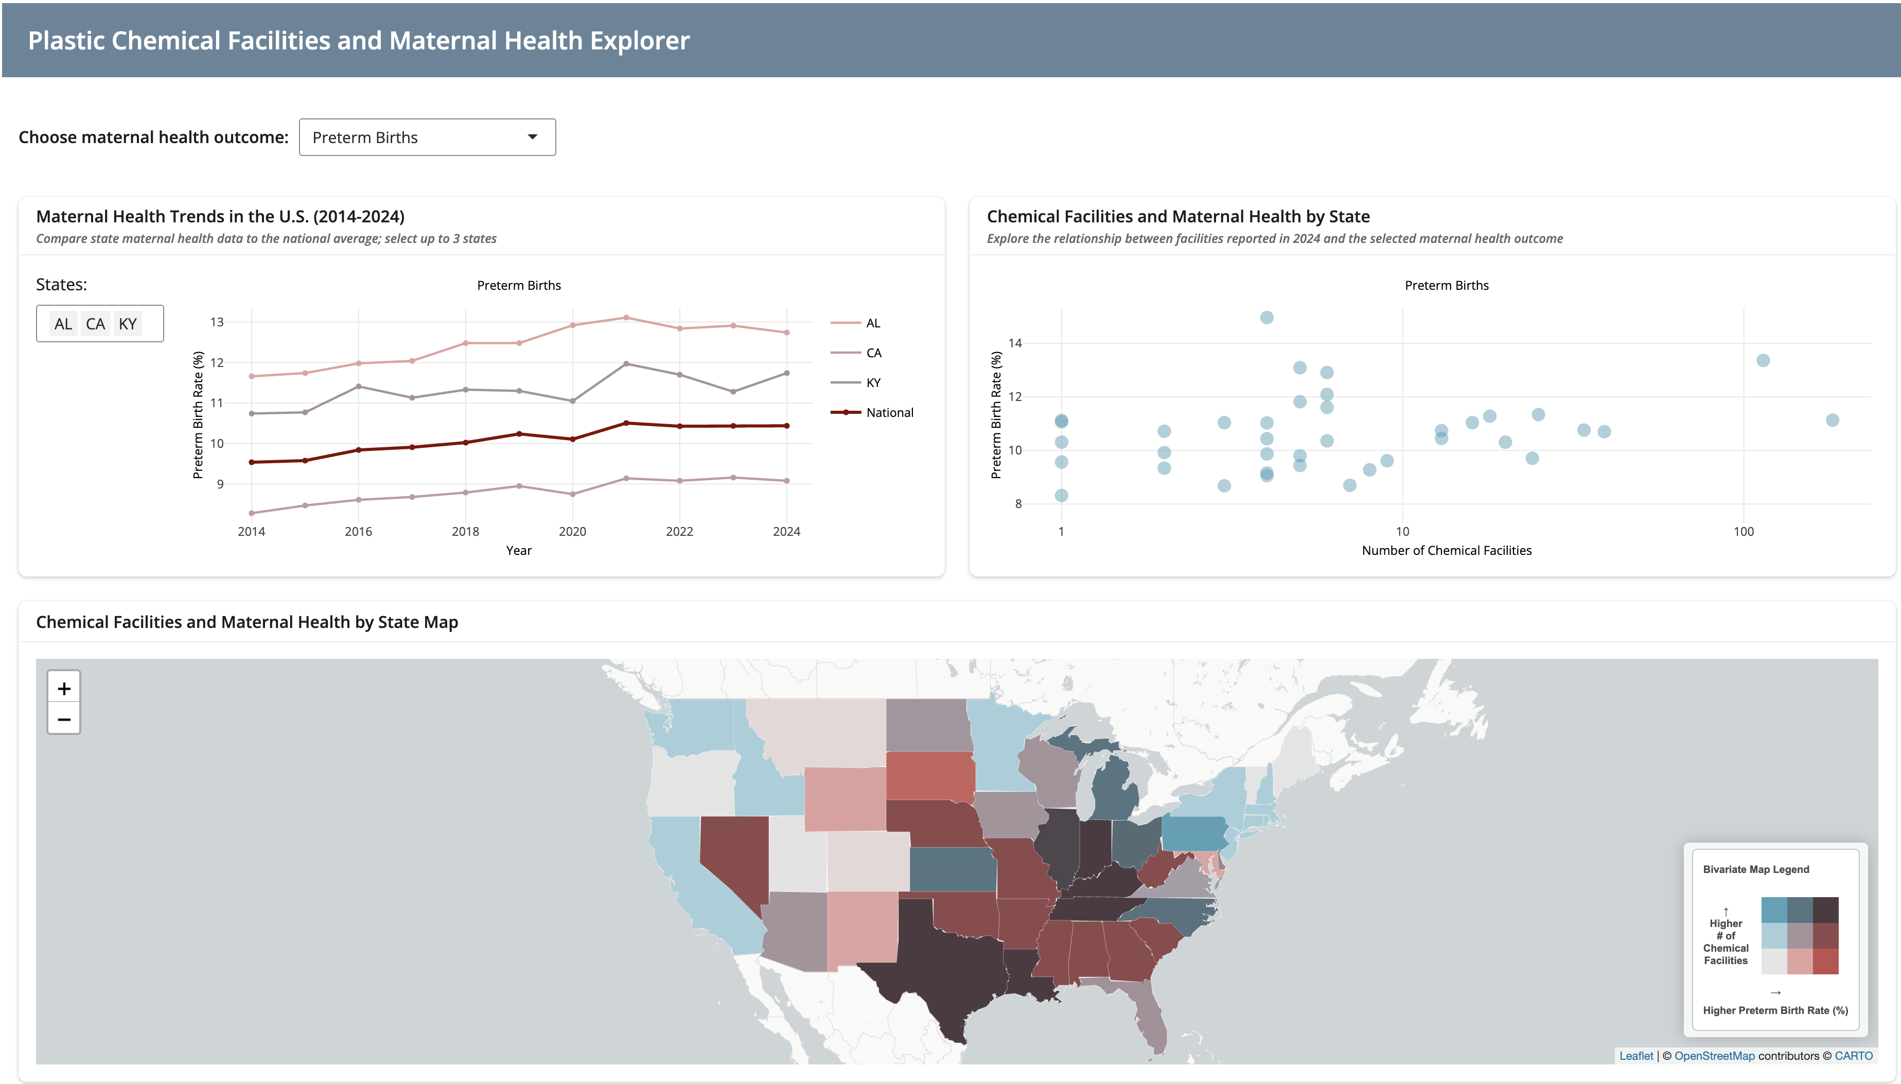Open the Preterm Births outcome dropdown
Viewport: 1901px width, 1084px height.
pos(427,137)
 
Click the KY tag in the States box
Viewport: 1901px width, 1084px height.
pos(128,324)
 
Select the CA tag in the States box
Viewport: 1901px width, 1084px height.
pos(95,324)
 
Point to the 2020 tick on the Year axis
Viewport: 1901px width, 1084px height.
pos(572,532)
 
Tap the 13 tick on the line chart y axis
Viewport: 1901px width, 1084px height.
pos(217,322)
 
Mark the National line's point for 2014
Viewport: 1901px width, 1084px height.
pos(252,462)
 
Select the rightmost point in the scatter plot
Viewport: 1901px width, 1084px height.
pos(1833,421)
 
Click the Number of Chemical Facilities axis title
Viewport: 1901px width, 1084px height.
pos(1446,551)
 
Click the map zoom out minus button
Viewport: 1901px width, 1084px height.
pos(64,719)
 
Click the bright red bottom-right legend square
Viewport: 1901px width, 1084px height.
pos(1825,961)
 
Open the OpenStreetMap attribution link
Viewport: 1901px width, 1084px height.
pos(1714,1056)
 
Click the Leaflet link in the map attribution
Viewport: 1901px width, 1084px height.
pos(1636,1056)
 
